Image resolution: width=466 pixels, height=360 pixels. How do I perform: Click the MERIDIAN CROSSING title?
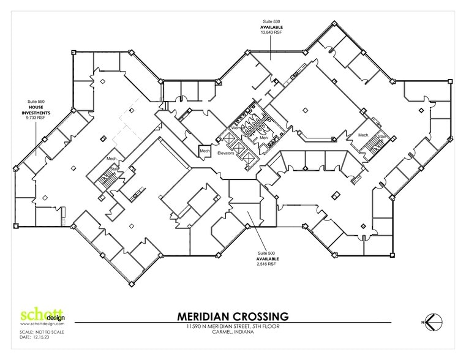pyautogui.click(x=233, y=317)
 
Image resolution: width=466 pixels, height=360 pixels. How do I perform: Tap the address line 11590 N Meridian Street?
pyautogui.click(x=233, y=328)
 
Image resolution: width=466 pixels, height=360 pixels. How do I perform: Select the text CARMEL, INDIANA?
pyautogui.click(x=233, y=334)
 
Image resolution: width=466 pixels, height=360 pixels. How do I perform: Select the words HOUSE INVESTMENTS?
pyautogui.click(x=36, y=111)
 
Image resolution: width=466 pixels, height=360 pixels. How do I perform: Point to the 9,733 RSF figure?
pyautogui.click(x=36, y=121)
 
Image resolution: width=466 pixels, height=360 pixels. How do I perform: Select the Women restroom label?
pyautogui.click(x=238, y=128)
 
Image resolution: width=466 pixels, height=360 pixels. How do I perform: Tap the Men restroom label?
pyautogui.click(x=263, y=137)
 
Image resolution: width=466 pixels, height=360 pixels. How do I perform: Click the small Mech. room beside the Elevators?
pyautogui.click(x=204, y=149)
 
